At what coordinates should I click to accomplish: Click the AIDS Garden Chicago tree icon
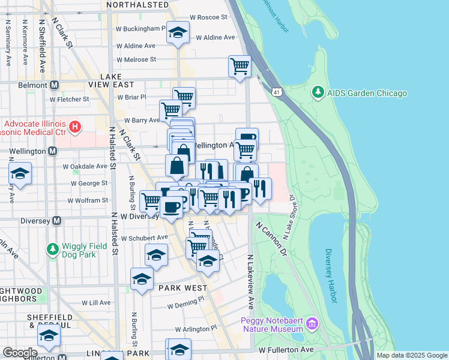click(x=318, y=93)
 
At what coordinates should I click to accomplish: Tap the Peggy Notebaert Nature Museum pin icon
click(x=311, y=325)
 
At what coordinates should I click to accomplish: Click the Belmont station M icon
click(x=54, y=85)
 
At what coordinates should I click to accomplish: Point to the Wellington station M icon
click(x=54, y=151)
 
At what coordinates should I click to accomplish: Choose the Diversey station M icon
click(x=56, y=220)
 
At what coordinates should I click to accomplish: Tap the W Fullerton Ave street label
click(x=286, y=349)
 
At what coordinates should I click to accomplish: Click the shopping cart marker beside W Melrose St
click(x=240, y=65)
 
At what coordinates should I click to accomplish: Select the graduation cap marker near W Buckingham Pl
click(x=178, y=33)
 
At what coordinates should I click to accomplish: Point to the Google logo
click(x=20, y=353)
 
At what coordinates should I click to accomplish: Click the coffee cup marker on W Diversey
click(x=171, y=207)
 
